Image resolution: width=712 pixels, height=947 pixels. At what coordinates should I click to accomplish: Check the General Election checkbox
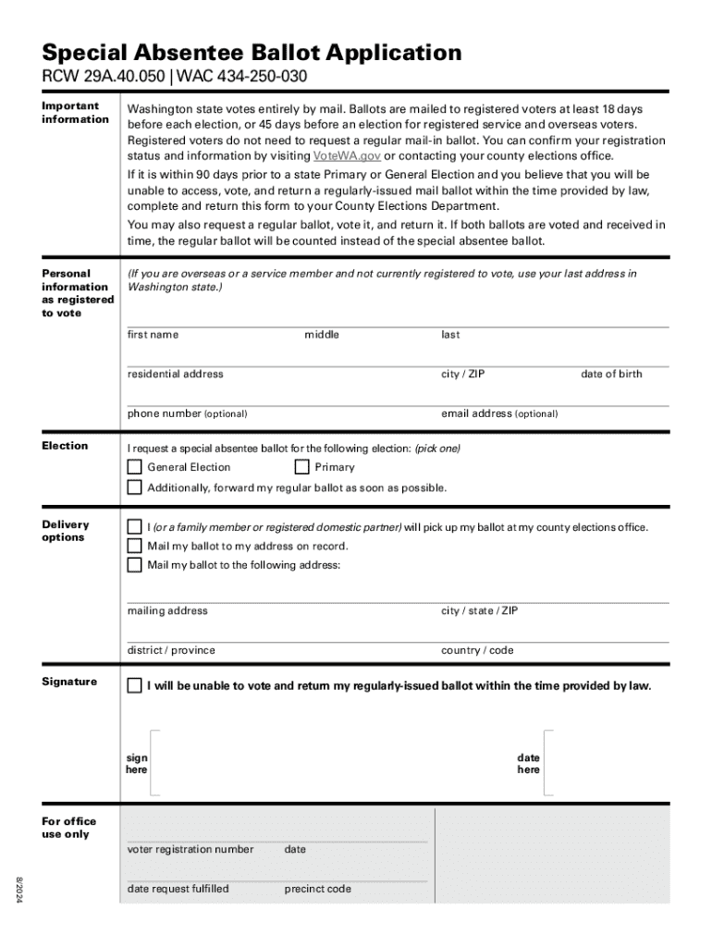tap(135, 467)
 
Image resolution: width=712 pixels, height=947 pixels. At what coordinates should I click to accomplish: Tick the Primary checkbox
tap(302, 467)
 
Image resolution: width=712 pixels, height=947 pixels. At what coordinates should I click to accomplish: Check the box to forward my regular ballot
tap(135, 487)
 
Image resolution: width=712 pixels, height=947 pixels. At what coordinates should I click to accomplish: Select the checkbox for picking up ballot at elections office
tap(135, 527)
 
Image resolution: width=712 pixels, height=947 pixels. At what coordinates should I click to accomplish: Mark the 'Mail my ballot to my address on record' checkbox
tap(135, 546)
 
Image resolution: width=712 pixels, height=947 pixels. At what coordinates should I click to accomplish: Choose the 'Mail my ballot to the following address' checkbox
tap(135, 564)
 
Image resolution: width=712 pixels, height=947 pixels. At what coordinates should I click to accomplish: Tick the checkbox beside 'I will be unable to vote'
tap(135, 686)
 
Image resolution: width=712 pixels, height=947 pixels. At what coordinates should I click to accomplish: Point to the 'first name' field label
tap(153, 335)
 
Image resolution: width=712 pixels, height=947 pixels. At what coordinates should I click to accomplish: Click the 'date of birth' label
tap(611, 374)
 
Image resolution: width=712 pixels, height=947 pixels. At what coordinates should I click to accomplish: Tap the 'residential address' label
tap(175, 374)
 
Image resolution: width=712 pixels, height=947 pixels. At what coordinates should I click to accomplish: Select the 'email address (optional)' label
tap(499, 413)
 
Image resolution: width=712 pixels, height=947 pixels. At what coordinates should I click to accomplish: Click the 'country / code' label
tap(477, 650)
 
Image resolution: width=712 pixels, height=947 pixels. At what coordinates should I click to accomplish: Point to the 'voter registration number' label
tap(190, 849)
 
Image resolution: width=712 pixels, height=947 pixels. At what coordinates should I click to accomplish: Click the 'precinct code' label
tap(318, 889)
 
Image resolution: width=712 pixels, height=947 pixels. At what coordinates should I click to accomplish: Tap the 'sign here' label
tap(137, 764)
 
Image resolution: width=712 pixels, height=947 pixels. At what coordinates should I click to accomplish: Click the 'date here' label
tap(528, 764)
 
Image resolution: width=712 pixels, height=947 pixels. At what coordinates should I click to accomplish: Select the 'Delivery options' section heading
tap(66, 531)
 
